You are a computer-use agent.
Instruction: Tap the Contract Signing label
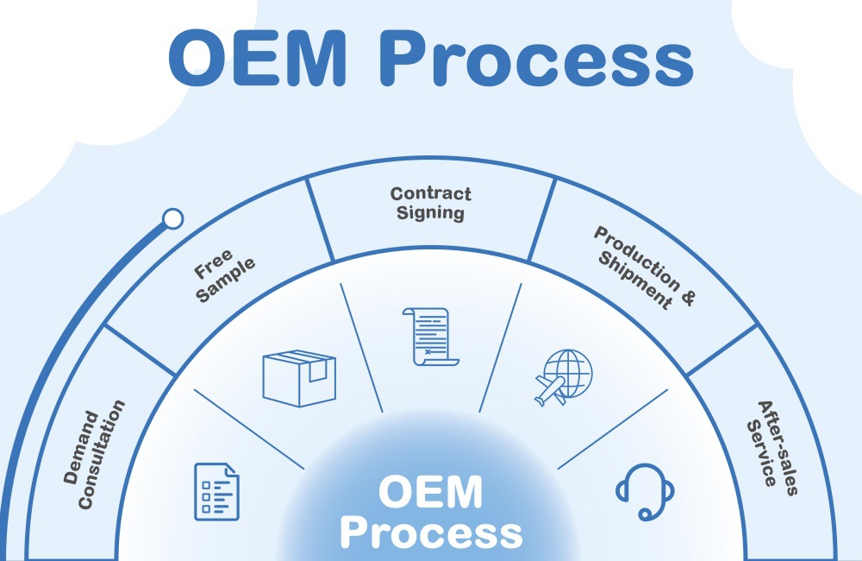pyautogui.click(x=431, y=204)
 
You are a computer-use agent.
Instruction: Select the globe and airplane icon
pyautogui.click(x=561, y=377)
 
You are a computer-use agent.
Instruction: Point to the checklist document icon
pyautogui.click(x=215, y=491)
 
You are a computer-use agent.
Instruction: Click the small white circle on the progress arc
pyautogui.click(x=173, y=218)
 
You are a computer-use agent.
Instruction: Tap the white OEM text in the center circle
pyautogui.click(x=430, y=493)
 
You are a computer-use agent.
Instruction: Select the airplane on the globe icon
pyautogui.click(x=551, y=388)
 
